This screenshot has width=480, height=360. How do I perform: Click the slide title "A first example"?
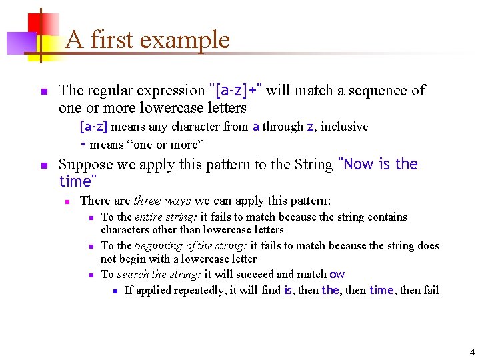pos(147,40)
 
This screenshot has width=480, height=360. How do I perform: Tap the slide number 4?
pos(472,352)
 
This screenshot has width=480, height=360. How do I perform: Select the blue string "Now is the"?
pos(378,165)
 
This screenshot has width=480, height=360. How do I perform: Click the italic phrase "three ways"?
pos(163,201)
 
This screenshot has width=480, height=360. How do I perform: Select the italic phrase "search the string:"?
pos(159,275)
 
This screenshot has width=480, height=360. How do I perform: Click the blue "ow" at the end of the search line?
pos(337,275)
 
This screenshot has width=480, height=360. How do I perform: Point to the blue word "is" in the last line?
pos(288,291)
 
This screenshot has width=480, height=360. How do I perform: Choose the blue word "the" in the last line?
pos(330,291)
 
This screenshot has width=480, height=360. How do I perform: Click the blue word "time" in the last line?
pos(381,291)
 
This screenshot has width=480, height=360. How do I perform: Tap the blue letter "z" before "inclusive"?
pos(309,127)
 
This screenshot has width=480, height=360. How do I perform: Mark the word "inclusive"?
pos(345,127)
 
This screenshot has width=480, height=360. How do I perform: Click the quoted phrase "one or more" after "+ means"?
pos(161,145)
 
